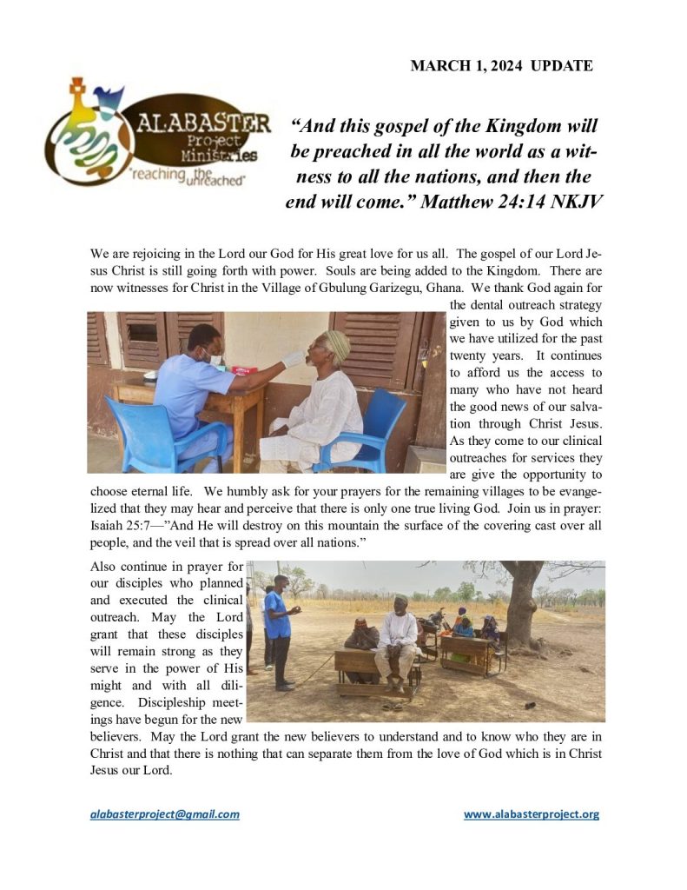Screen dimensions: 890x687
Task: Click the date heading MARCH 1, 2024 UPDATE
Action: pos(501,66)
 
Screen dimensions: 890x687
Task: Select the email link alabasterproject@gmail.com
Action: pos(165,814)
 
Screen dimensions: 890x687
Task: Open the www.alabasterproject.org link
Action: pos(531,814)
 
